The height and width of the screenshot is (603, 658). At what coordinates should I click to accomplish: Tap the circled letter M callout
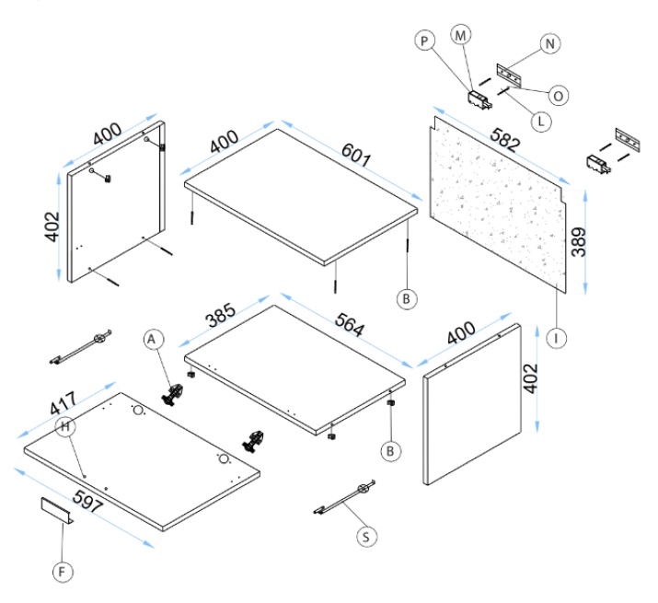460,34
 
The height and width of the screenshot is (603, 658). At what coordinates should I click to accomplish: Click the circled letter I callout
557,338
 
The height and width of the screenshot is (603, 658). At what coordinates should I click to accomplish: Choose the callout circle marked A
154,340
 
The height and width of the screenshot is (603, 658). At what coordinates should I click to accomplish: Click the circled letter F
62,572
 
